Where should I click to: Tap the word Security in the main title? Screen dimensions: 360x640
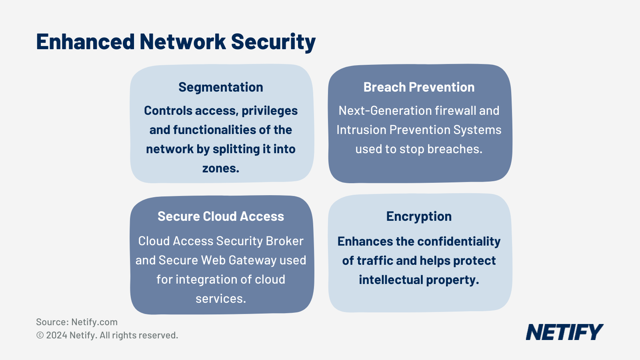pyautogui.click(x=273, y=42)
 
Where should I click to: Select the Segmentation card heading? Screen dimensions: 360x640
pyautogui.click(x=221, y=87)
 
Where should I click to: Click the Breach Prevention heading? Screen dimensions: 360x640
pyautogui.click(x=419, y=87)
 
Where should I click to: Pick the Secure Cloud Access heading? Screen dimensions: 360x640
pyautogui.click(x=221, y=216)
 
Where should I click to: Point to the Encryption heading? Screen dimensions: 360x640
pyautogui.click(x=419, y=216)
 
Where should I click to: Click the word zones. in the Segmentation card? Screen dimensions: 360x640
pyautogui.click(x=221, y=168)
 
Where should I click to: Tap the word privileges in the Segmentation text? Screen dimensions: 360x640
pyautogui.click(x=270, y=111)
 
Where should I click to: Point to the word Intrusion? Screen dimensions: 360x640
pyautogui.click(x=361, y=130)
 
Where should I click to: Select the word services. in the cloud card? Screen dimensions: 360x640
pyautogui.click(x=221, y=299)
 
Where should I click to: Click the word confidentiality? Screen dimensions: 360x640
pyautogui.click(x=459, y=242)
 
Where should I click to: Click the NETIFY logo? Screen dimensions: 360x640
pyautogui.click(x=564, y=332)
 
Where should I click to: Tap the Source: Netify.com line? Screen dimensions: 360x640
pyautogui.click(x=77, y=322)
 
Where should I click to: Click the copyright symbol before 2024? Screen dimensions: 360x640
pyautogui.click(x=40, y=336)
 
